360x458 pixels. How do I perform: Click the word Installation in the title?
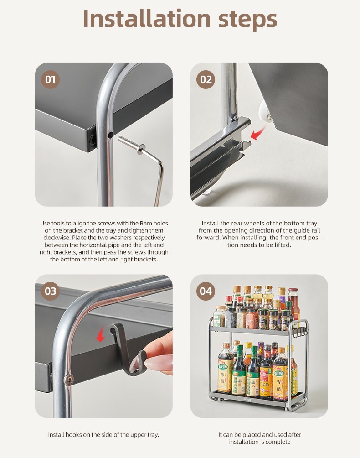coord(147,19)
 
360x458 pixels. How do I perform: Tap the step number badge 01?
coord(50,79)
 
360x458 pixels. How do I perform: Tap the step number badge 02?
coord(206,79)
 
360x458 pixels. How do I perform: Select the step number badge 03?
coord(50,291)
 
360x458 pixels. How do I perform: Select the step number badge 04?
coord(206,291)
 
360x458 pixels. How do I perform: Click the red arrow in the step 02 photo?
coord(259,132)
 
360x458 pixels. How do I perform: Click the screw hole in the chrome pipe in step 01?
coord(110,135)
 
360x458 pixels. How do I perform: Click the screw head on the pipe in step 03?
coord(69,380)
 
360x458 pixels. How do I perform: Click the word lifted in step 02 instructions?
coord(282,245)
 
